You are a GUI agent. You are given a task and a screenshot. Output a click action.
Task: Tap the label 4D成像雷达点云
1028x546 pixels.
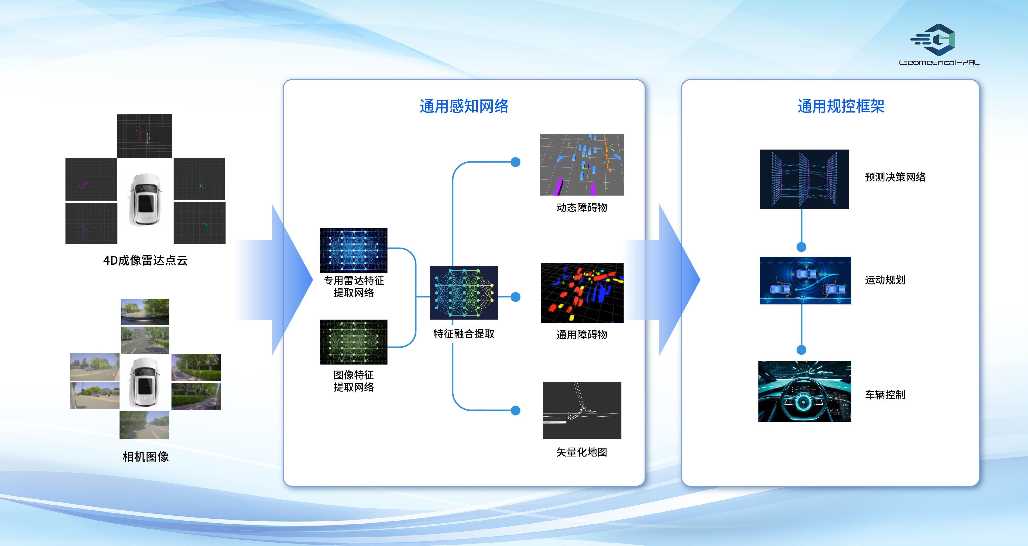145,260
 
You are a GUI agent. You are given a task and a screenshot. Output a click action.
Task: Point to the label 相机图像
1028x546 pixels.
145,457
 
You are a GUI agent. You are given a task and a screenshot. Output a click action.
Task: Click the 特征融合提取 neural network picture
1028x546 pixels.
464,293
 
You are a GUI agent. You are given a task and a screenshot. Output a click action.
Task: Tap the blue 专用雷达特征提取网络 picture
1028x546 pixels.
353,250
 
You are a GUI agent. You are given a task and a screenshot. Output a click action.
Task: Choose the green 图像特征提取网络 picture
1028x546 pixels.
353,342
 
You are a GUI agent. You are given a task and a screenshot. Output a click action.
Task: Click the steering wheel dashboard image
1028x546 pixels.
805,392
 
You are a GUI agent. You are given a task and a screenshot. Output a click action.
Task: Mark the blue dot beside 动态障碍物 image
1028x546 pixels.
516,162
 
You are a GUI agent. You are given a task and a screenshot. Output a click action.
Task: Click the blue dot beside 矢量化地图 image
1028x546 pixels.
516,410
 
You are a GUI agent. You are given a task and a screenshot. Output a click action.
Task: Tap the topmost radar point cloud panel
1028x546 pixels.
144,136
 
